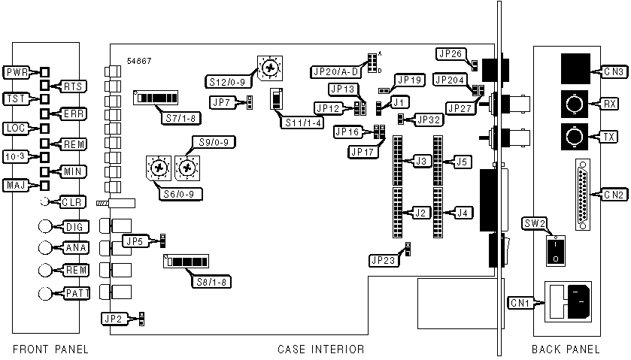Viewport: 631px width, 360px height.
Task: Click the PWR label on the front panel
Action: [x=17, y=73]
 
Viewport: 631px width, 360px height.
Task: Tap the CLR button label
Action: [x=74, y=201]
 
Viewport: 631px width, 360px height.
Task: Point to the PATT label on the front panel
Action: [x=73, y=292]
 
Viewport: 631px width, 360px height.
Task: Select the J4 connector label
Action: [x=464, y=213]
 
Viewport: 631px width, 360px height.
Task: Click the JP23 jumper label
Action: [x=381, y=260]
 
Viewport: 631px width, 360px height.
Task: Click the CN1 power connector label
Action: [x=519, y=303]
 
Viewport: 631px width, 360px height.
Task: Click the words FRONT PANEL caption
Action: [x=50, y=349]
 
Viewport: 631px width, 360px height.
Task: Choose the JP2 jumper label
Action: [x=114, y=319]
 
